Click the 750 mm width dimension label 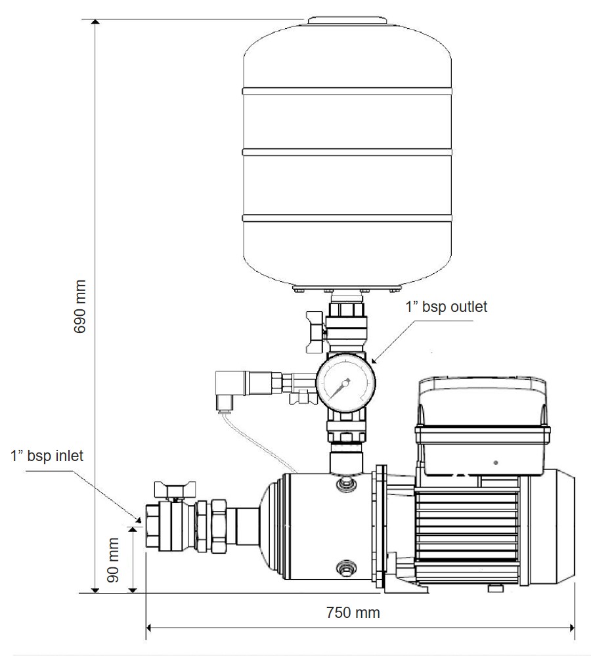(x=353, y=613)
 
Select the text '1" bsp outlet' (x=447, y=306)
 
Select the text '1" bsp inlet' (x=47, y=456)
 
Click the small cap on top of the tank (x=346, y=21)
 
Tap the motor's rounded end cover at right (x=562, y=525)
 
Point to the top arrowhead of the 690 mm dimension (x=96, y=24)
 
